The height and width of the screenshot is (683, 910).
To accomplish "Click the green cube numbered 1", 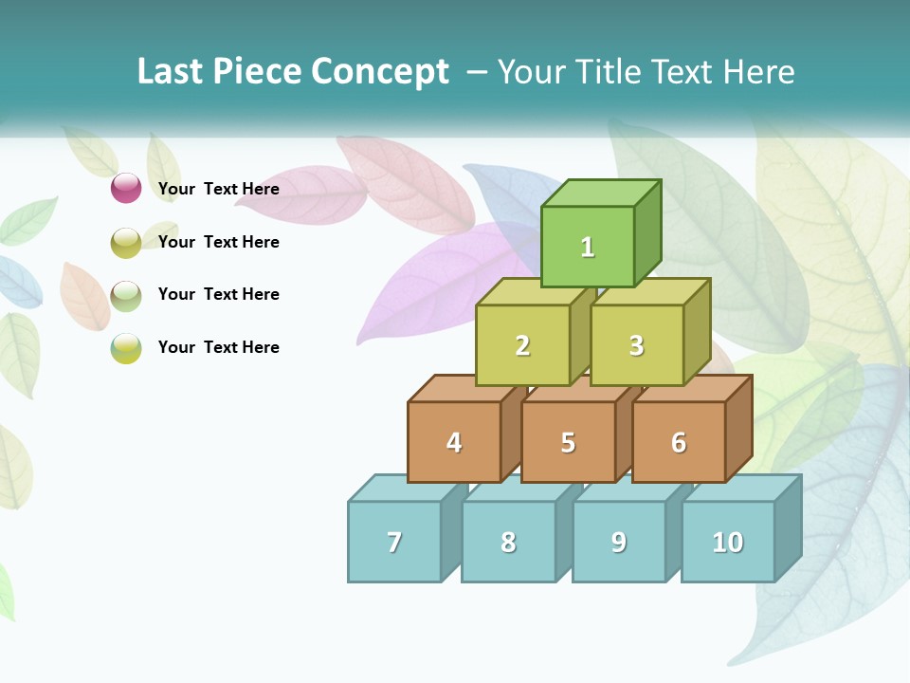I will pyautogui.click(x=588, y=247).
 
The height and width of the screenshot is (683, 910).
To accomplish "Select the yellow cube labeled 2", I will pyautogui.click(x=522, y=345).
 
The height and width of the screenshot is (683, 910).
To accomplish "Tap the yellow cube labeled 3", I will pyautogui.click(x=636, y=345).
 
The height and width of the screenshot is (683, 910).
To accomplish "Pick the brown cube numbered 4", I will pyautogui.click(x=454, y=442).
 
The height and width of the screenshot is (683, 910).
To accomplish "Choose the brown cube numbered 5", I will pyautogui.click(x=568, y=442).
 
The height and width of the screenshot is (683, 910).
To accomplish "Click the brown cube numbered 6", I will pyautogui.click(x=679, y=442).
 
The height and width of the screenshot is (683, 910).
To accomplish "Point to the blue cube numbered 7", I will pyautogui.click(x=394, y=542).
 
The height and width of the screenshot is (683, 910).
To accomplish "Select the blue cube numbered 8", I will pyautogui.click(x=508, y=542).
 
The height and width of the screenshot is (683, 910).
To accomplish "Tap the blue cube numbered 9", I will pyautogui.click(x=619, y=542).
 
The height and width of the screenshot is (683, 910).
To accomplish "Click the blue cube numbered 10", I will pyautogui.click(x=728, y=542).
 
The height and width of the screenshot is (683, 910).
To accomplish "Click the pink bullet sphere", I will pyautogui.click(x=126, y=188).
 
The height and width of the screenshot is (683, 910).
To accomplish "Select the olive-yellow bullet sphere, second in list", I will pyautogui.click(x=126, y=242).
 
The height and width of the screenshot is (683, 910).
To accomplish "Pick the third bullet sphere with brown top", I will pyautogui.click(x=126, y=295).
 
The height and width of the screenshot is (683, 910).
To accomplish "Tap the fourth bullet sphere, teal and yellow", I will pyautogui.click(x=126, y=348).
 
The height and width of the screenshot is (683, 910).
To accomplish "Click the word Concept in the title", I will pyautogui.click(x=379, y=72).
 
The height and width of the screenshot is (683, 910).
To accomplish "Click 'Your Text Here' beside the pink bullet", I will pyautogui.click(x=219, y=189).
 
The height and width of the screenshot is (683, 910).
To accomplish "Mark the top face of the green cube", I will pyautogui.click(x=599, y=194).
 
